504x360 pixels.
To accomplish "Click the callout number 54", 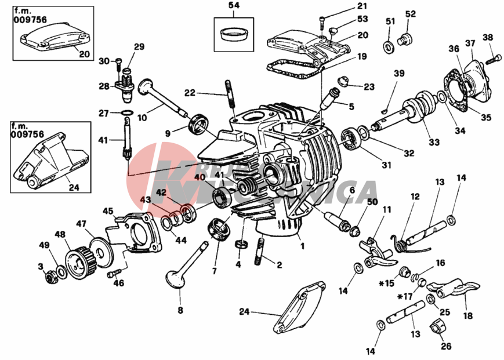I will [x=234, y=6].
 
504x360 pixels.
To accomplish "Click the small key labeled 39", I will [x=386, y=110].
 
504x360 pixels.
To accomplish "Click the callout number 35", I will [x=486, y=117].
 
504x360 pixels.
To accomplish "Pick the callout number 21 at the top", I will [x=362, y=6].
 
